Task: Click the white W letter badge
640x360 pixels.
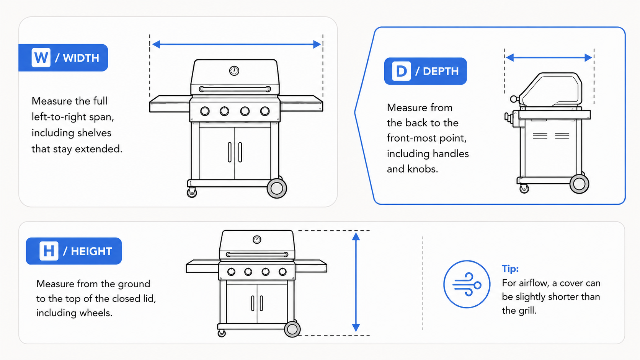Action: tap(41, 58)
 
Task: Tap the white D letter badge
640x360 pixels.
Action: tap(401, 71)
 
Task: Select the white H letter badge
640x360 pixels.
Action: tap(49, 251)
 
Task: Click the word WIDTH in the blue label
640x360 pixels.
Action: tap(81, 58)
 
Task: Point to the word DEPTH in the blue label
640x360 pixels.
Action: tap(441, 71)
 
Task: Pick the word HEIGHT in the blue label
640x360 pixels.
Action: tap(91, 251)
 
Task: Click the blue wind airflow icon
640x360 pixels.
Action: tap(467, 284)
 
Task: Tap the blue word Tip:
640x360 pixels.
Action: tap(510, 269)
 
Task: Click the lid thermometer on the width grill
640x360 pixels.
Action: tap(234, 71)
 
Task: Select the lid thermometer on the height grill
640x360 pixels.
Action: tap(257, 239)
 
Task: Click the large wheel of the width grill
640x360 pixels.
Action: tap(277, 188)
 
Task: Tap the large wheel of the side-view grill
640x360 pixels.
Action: tap(579, 184)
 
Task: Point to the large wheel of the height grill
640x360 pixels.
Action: tap(292, 329)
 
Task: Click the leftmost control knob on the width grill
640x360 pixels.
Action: tap(205, 111)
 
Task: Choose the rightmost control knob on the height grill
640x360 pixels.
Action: tap(282, 272)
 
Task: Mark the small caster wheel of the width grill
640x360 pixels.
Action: tap(192, 193)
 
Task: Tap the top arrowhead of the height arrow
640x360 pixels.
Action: tap(356, 236)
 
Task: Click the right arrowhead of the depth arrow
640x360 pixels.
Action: tap(588, 58)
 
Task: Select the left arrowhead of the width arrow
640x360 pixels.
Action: tap(156, 44)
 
